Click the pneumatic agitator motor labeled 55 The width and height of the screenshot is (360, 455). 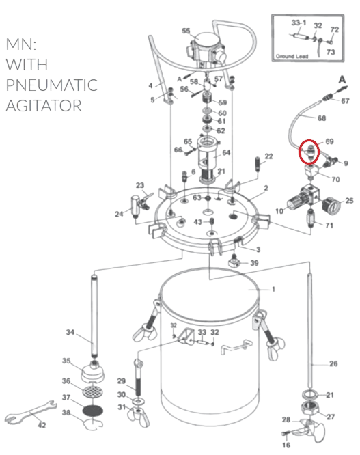[206, 49]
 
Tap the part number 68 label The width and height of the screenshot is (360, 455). [322, 118]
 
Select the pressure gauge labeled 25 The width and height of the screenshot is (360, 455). [332, 206]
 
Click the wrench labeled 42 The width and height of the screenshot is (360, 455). [31, 412]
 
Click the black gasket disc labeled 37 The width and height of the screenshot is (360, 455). [93, 411]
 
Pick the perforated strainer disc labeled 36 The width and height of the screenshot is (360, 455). [93, 393]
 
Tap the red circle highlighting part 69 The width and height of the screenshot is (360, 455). [309, 151]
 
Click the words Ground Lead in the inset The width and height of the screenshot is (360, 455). [292, 56]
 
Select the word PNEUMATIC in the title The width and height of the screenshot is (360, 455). [52, 85]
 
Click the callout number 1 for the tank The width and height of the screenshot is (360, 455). [273, 289]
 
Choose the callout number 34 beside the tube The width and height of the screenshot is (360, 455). [70, 332]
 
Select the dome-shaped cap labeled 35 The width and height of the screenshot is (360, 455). [92, 372]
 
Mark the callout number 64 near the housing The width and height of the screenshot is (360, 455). [226, 152]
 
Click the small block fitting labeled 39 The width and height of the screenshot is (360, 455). [234, 262]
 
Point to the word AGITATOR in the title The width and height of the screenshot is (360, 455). [44, 105]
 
